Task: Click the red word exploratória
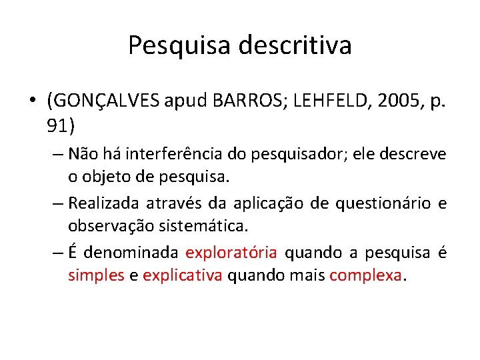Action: (x=231, y=253)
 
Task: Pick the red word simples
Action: (x=96, y=275)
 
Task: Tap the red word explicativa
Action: (x=182, y=275)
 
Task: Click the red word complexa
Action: (x=367, y=275)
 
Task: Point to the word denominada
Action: (x=131, y=253)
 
